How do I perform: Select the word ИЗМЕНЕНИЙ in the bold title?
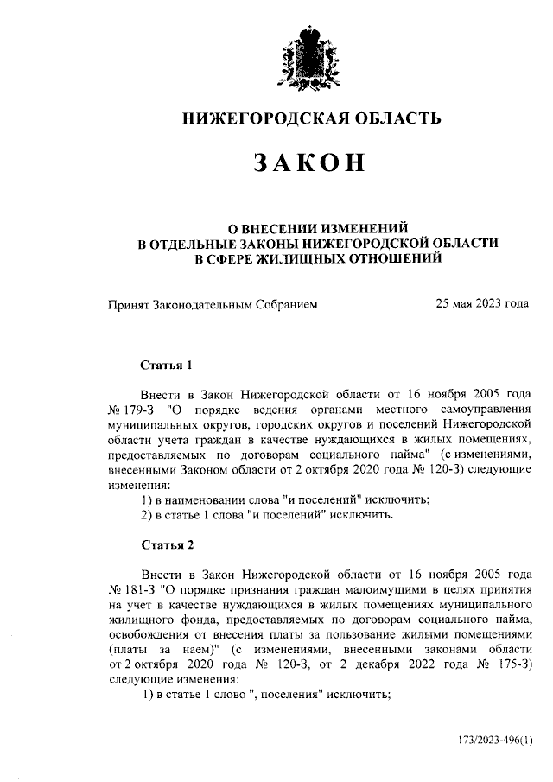pyautogui.click(x=360, y=228)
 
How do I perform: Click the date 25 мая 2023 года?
pyautogui.click(x=482, y=304)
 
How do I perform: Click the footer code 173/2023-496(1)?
pyautogui.click(x=497, y=741)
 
